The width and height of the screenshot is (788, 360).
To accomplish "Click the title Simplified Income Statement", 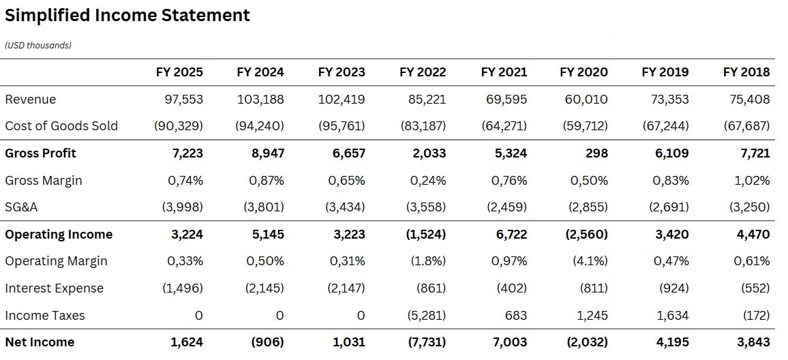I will tap(127, 15).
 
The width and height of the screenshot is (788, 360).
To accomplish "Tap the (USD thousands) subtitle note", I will tap(38, 46).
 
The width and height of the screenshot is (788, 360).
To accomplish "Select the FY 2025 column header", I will tap(179, 72).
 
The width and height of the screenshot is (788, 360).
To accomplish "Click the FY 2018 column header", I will tap(746, 72).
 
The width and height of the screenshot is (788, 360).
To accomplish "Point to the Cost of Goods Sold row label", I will tap(61, 126).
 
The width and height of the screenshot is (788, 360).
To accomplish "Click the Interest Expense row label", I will tap(55, 288).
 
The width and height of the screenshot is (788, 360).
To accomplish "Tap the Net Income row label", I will tap(40, 342).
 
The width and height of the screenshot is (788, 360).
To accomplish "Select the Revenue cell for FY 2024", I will tap(260, 100).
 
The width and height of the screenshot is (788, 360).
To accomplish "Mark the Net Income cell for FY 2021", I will tap(510, 342).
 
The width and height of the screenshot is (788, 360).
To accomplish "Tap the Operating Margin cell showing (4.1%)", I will tap(589, 261).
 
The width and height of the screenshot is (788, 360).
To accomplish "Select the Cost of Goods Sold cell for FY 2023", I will tap(341, 126).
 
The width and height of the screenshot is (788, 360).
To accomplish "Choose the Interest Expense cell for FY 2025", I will tap(183, 288).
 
